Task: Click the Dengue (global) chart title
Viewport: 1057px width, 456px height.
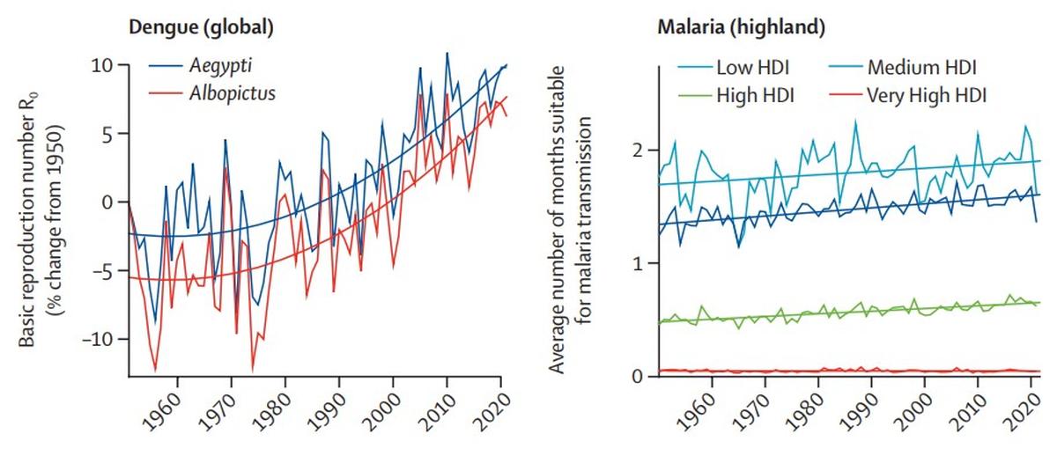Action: (201, 27)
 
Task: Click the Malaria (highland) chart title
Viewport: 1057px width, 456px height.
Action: (742, 27)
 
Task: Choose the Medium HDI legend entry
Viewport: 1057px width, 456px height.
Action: (922, 67)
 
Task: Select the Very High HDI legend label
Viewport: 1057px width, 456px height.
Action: (927, 94)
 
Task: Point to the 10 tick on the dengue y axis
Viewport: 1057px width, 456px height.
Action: (102, 66)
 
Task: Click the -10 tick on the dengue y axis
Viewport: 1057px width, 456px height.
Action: (97, 339)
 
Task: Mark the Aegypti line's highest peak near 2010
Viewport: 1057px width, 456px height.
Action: (447, 53)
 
